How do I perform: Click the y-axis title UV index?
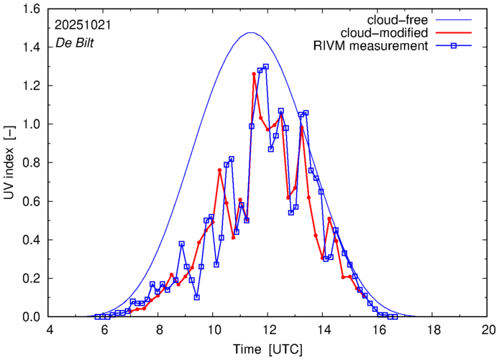(x=9, y=165)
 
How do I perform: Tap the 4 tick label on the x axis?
(x=50, y=330)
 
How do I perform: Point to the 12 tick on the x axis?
(x=268, y=330)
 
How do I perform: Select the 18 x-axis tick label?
(x=433, y=330)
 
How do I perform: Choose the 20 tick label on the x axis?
(x=487, y=330)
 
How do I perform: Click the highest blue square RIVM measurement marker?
(x=265, y=67)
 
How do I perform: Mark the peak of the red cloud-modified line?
(x=255, y=73)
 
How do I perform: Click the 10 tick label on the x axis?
(x=214, y=330)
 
